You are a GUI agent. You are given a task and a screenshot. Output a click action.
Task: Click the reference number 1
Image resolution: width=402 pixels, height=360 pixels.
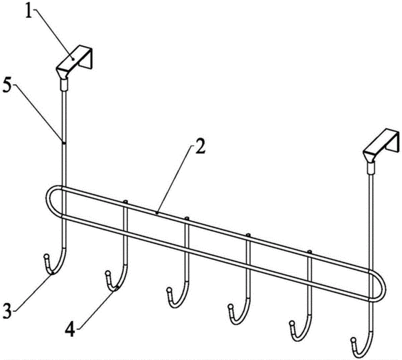click(29, 9)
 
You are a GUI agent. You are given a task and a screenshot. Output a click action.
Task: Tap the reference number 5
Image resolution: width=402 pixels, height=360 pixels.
click(7, 87)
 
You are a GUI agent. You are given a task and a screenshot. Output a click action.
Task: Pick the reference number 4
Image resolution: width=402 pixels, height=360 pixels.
click(70, 329)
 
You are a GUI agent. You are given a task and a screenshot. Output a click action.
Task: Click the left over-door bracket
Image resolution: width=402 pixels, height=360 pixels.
click(74, 62)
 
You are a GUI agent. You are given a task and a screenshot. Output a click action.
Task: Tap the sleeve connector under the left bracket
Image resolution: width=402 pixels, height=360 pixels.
click(64, 85)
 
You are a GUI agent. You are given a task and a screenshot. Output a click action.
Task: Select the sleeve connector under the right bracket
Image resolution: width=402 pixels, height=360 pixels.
click(371, 168)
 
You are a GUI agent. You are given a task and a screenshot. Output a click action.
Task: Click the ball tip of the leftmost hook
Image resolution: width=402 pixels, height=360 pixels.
click(46, 256)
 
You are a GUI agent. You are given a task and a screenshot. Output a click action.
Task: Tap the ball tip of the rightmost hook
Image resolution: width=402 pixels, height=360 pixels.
click(353, 341)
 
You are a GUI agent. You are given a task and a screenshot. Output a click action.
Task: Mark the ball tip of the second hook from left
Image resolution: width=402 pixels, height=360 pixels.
click(108, 273)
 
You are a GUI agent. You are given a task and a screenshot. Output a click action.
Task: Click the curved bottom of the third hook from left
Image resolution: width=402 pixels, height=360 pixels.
click(177, 305)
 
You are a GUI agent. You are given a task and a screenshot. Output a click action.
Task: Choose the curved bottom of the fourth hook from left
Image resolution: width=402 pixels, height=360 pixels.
click(237, 322)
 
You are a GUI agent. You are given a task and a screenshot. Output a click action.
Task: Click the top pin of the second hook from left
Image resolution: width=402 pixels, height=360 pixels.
click(125, 202)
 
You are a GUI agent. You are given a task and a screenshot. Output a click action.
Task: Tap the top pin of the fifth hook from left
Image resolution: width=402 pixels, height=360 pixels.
click(310, 252)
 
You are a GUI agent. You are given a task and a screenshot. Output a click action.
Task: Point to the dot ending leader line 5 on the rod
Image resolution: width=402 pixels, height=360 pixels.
click(63, 142)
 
